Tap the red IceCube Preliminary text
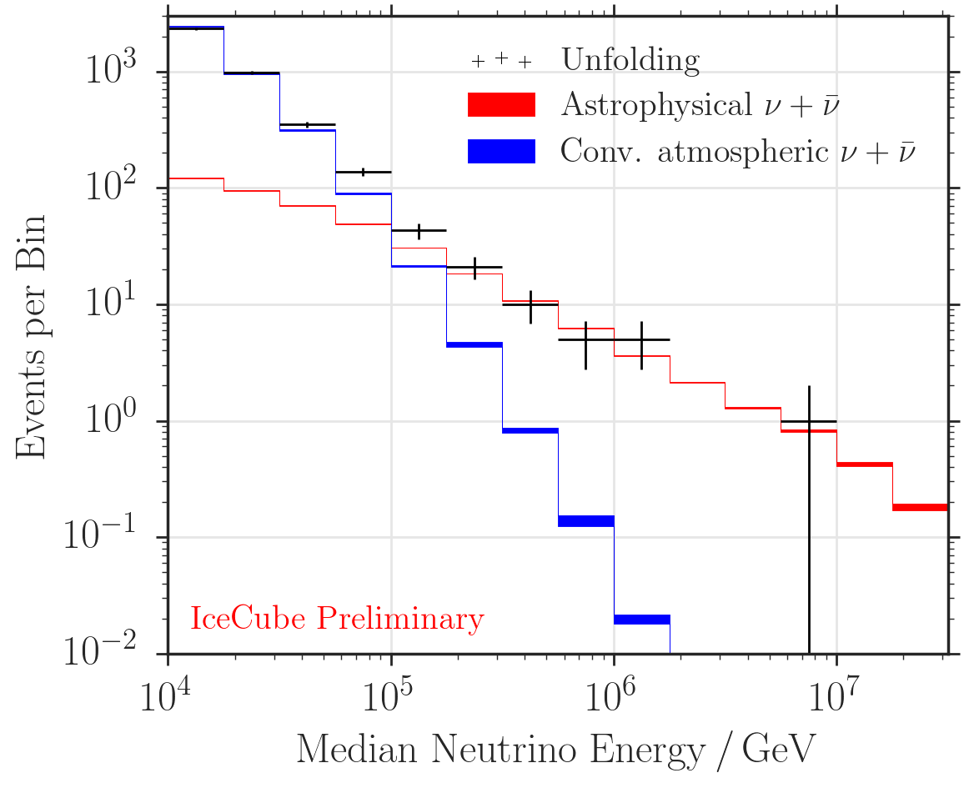337,620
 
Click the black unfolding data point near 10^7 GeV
809,422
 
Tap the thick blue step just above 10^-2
642,620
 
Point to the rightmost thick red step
920,507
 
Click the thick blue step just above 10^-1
586,521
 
